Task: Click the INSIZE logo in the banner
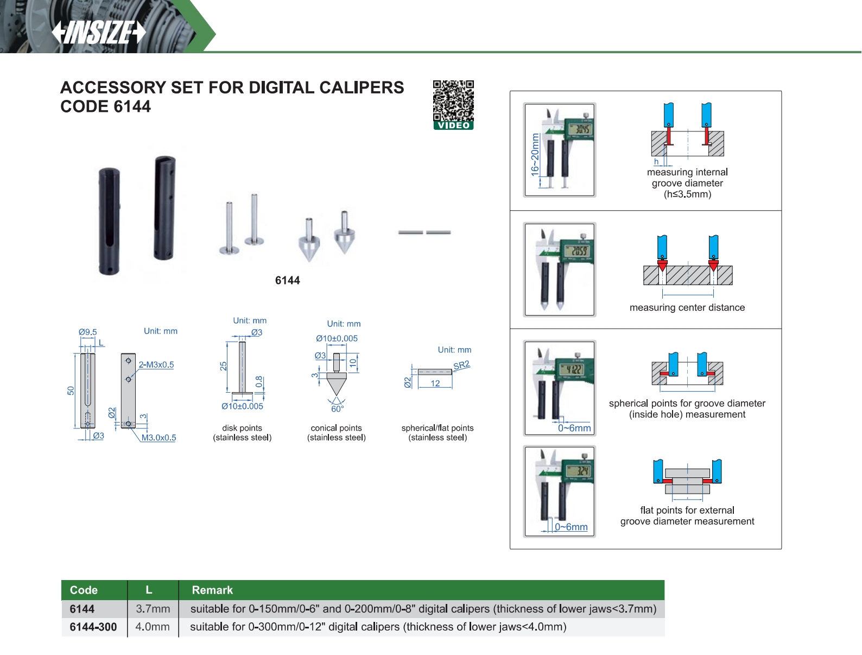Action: [x=99, y=33]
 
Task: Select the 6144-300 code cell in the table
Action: [x=93, y=627]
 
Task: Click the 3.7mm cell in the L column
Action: [x=153, y=609]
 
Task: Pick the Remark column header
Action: [x=212, y=590]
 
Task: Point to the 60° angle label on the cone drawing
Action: [x=337, y=408]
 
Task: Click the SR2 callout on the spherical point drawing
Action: [x=461, y=365]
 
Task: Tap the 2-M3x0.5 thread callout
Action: [x=156, y=364]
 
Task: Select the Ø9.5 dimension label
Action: [x=87, y=332]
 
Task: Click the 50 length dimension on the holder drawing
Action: [x=71, y=391]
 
